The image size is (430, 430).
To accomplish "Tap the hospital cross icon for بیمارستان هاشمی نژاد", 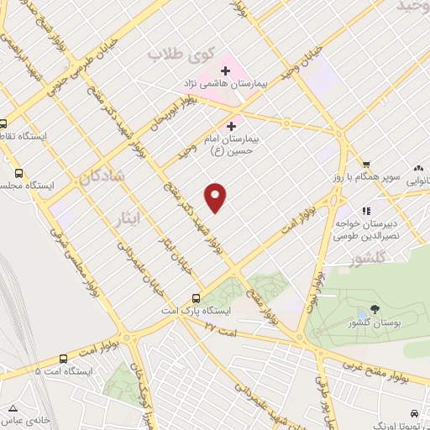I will (x=225, y=69).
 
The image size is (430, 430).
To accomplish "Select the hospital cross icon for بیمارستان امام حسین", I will (x=232, y=126).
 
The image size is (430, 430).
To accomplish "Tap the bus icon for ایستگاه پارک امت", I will (x=196, y=298).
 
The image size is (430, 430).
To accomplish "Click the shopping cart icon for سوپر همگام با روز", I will (x=366, y=164).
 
